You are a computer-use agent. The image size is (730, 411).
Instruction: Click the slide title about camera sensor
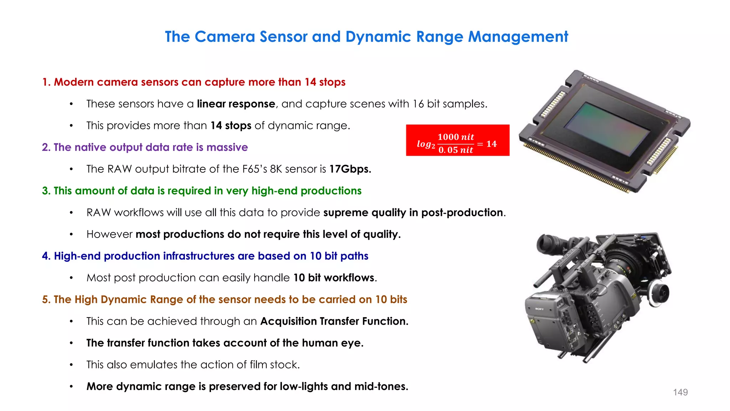coord(366,37)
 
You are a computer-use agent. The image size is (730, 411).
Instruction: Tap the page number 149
coord(680,392)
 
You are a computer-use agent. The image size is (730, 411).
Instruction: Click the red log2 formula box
coord(457,140)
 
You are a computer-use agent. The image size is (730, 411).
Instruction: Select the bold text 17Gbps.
coord(350,169)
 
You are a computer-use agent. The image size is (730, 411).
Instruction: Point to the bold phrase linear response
coord(236,104)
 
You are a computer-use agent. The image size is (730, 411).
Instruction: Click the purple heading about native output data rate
coord(145,147)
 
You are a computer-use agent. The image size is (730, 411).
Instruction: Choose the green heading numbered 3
coord(202,191)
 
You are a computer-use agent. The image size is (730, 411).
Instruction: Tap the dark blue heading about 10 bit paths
coord(205,256)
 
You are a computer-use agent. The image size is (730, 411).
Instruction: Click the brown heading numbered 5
coord(225,300)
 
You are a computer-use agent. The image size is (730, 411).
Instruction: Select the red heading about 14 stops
coord(194,82)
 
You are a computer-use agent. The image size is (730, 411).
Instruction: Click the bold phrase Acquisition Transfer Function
coord(334,321)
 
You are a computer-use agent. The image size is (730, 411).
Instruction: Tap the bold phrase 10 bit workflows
coord(334,278)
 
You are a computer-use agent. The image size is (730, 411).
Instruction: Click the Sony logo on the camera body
coord(539,309)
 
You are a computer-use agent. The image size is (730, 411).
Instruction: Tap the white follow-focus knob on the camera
coord(659,293)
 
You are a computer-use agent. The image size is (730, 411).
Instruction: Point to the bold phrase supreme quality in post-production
coord(413,213)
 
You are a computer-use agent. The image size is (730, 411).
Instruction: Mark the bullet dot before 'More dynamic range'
coord(71,386)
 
